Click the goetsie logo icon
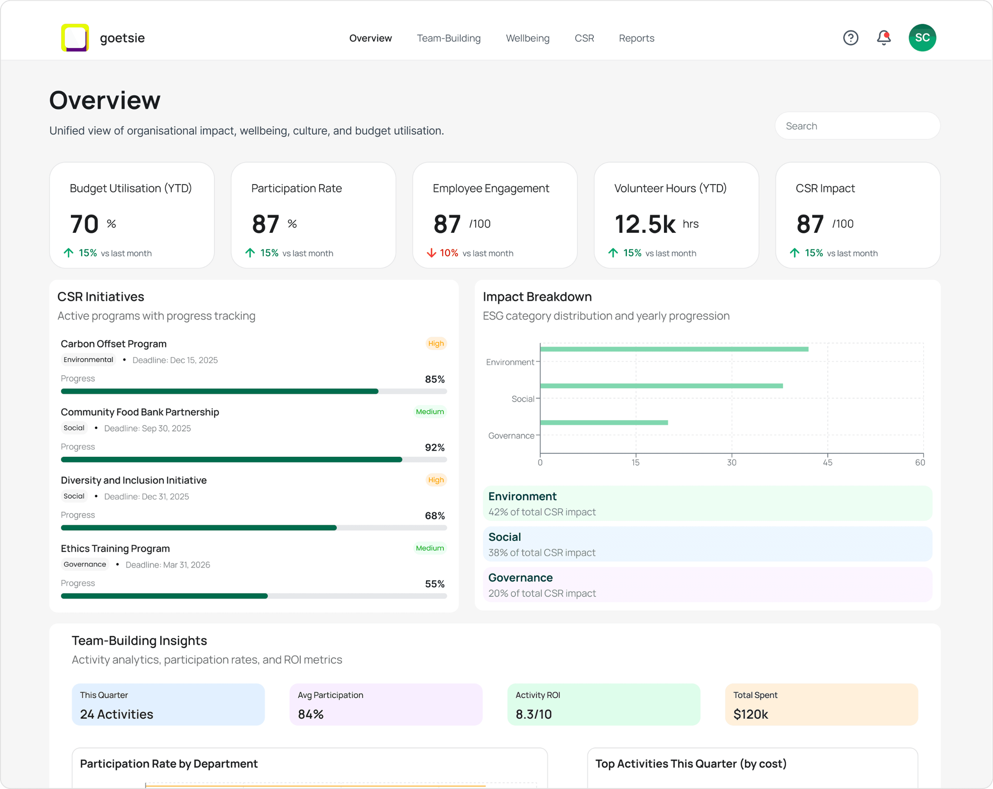click(x=75, y=38)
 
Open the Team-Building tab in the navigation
click(x=449, y=38)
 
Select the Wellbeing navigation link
click(x=527, y=38)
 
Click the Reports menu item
click(x=636, y=38)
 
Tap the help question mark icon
click(x=850, y=38)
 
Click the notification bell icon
click(x=883, y=38)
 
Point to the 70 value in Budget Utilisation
click(x=84, y=224)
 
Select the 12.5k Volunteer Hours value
click(x=645, y=224)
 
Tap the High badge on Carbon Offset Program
click(x=436, y=343)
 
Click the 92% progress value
click(x=434, y=447)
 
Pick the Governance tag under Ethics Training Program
click(x=85, y=564)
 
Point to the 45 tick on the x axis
click(x=827, y=462)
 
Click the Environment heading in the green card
click(x=522, y=496)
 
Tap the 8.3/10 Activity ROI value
click(x=533, y=714)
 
